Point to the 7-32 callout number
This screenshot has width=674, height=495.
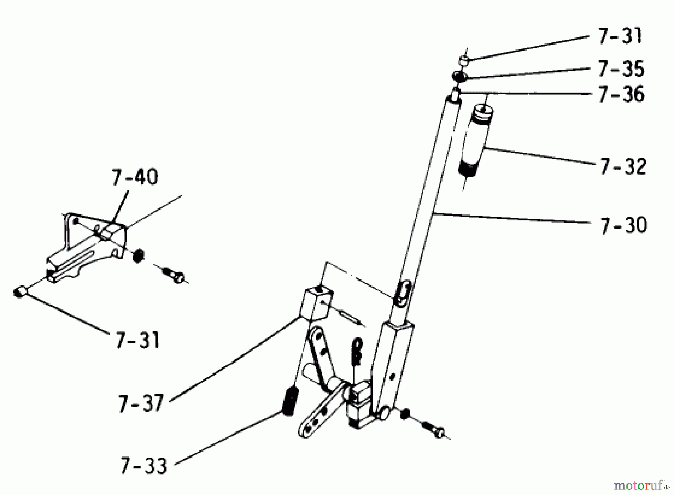point(623,166)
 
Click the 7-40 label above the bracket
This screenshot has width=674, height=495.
point(134,177)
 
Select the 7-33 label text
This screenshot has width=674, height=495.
point(143,466)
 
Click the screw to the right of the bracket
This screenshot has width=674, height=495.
point(173,274)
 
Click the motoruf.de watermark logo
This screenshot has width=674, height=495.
point(641,486)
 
